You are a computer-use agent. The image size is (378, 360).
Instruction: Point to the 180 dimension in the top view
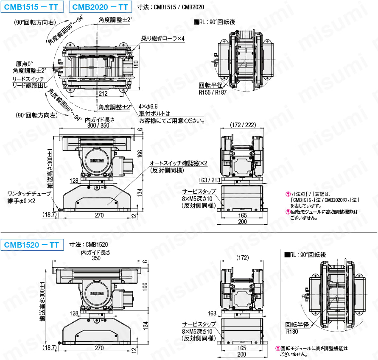click(137, 64)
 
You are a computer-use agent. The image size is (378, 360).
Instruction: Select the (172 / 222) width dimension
click(244, 125)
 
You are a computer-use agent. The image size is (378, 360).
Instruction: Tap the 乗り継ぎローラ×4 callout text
click(163, 39)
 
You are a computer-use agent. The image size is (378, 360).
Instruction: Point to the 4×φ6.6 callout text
click(148, 107)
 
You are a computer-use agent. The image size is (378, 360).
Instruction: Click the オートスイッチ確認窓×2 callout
click(178, 163)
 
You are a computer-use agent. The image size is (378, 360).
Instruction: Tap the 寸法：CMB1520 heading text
click(88, 245)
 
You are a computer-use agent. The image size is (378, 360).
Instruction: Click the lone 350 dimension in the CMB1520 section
click(97, 258)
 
